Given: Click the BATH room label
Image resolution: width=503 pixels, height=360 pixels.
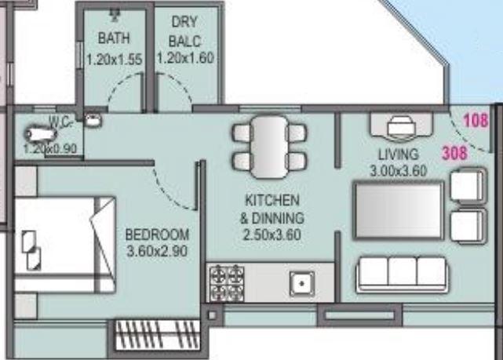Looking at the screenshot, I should tap(114, 38).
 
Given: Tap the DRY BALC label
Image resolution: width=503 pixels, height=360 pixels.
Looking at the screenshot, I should tap(185, 31).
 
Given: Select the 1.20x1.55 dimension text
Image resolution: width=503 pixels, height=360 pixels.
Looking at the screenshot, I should tap(114, 57).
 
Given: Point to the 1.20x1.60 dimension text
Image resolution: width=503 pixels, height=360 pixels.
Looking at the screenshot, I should tap(185, 57).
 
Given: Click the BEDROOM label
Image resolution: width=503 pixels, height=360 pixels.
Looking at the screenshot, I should tap(158, 235).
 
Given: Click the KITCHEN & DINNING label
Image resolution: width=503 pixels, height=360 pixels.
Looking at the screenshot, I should tap(272, 208).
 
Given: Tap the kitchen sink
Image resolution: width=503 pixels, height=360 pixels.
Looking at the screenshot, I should tap(301, 282).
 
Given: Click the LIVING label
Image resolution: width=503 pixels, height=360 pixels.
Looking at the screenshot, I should tap(398, 154).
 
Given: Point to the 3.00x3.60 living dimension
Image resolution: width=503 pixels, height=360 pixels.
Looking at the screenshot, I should tap(398, 169).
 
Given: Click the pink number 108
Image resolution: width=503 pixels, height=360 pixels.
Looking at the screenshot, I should tap(476, 121).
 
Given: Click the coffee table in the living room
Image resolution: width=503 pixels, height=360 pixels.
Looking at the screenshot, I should tap(399, 209).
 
